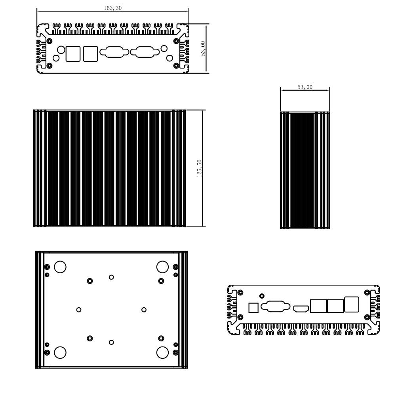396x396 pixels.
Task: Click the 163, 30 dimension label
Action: (112, 8)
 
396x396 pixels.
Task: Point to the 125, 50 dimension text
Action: (200, 168)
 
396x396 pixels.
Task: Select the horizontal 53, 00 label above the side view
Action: (305, 87)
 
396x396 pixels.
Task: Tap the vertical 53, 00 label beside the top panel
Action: (203, 48)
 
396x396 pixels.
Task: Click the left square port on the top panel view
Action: (73, 54)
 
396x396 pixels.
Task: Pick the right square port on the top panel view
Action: (90, 54)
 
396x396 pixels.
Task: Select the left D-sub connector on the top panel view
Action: (114, 52)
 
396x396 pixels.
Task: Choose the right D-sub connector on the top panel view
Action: (145, 52)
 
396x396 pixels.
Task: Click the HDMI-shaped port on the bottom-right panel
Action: (301, 308)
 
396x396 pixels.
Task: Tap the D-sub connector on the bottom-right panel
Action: (276, 307)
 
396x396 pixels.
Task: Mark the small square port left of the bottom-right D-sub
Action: (253, 308)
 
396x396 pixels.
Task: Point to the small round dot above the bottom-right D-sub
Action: (262, 296)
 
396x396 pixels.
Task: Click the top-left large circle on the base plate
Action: (60, 267)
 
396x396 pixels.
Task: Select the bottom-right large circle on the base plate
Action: (162, 352)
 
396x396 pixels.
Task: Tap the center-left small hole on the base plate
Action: (79, 310)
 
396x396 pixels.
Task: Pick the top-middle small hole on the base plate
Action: (111, 277)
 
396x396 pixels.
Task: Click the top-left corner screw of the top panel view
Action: (50, 41)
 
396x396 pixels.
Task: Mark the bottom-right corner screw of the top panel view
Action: (176, 66)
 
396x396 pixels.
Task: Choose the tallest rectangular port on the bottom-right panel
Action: (352, 304)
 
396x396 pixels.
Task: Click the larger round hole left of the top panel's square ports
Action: (61, 50)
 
